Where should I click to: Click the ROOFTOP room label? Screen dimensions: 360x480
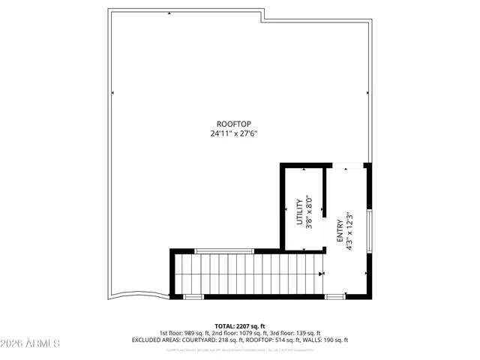[x=233, y=124]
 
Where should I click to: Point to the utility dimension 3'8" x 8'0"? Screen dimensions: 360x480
[x=308, y=212]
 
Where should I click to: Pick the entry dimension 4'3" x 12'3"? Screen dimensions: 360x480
[x=349, y=229]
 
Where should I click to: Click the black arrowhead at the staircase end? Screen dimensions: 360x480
[x=322, y=274]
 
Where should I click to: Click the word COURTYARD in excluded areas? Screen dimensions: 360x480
[x=197, y=340]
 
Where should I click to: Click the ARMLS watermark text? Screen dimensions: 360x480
[x=31, y=343]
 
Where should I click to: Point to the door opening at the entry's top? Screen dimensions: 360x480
[x=346, y=164]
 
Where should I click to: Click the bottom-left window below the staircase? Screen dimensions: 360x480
[x=193, y=297]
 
